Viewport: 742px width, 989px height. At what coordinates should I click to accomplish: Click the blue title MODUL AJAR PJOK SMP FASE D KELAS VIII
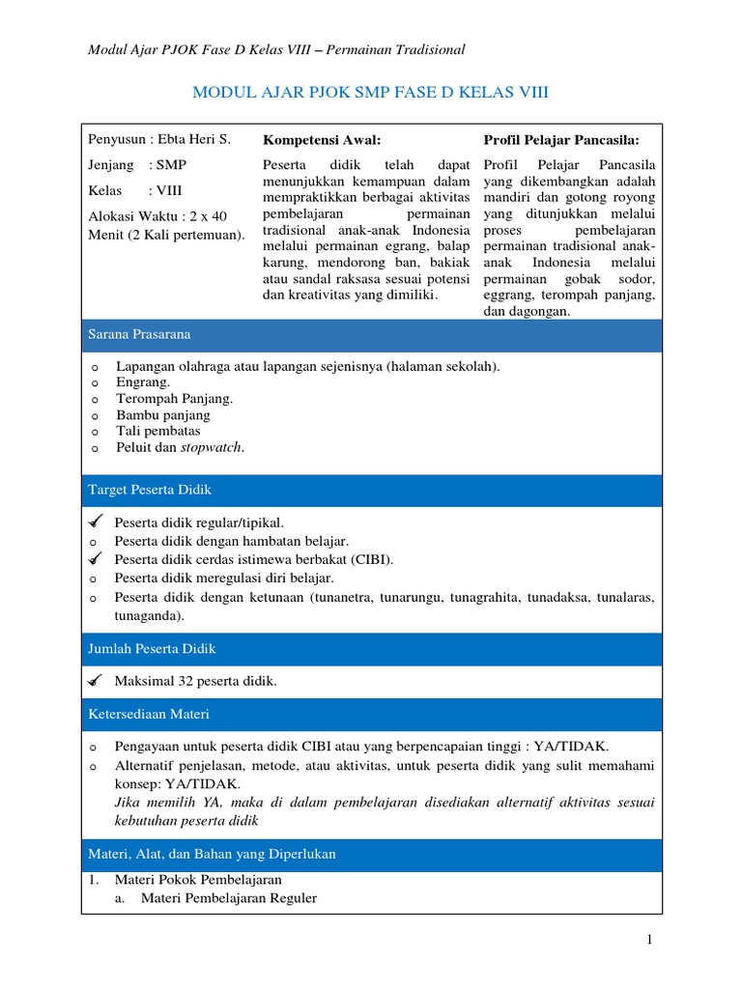click(x=371, y=93)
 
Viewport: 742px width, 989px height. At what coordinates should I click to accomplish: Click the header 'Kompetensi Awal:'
click(x=315, y=140)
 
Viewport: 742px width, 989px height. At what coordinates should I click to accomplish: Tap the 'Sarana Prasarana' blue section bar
click(x=372, y=334)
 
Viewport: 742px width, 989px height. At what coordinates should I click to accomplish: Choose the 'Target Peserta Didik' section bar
click(x=372, y=490)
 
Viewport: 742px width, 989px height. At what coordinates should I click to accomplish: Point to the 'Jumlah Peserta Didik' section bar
click(x=372, y=648)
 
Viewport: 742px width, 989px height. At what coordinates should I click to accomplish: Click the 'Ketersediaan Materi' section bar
click(x=372, y=714)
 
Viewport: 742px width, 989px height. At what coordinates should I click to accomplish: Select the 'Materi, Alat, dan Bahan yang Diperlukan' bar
click(x=372, y=855)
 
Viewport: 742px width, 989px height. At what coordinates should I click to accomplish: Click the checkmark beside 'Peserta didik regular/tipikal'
click(x=94, y=523)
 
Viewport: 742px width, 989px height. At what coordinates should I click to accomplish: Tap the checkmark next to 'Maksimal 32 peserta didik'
click(x=94, y=682)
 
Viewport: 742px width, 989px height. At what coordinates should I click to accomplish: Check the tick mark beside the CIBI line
click(x=94, y=559)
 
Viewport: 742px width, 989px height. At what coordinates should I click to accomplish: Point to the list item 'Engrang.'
click(x=143, y=381)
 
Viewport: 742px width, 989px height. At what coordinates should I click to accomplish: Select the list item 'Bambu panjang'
click(x=162, y=414)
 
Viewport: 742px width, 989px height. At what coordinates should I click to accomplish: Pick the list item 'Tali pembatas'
click(x=157, y=431)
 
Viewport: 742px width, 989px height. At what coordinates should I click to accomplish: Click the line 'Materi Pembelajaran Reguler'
click(x=228, y=898)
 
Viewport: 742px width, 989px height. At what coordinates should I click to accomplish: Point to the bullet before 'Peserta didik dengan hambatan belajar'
click(x=94, y=541)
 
